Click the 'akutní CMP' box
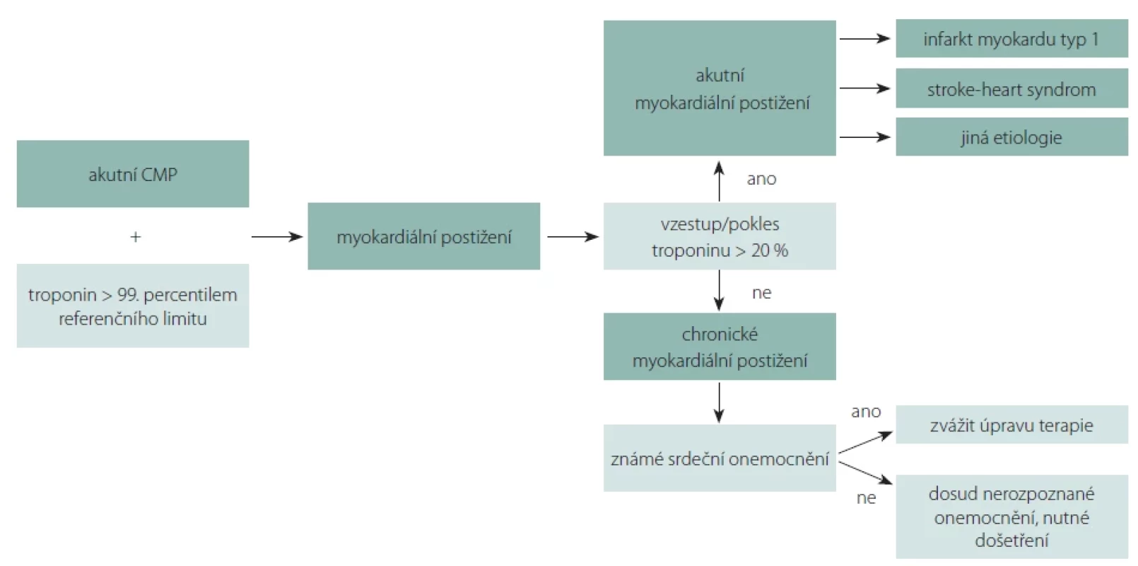click(133, 174)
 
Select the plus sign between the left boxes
click(136, 237)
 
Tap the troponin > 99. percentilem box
click(133, 306)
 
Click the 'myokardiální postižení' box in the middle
click(423, 236)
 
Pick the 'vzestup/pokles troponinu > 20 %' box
click(720, 236)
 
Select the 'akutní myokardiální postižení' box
click(720, 88)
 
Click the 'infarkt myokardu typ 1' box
click(1011, 39)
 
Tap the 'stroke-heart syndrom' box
click(1011, 88)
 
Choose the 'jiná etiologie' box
click(1011, 137)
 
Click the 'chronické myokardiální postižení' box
click(720, 347)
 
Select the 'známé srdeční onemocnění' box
click(720, 458)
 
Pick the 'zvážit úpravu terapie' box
click(1011, 424)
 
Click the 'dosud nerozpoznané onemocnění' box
click(1011, 516)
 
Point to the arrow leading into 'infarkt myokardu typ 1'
click(864, 39)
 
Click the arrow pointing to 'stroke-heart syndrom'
click(864, 88)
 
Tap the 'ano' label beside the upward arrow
click(761, 179)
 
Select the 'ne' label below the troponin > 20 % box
click(761, 293)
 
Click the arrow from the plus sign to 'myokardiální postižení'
click(277, 236)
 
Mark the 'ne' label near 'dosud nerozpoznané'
click(866, 498)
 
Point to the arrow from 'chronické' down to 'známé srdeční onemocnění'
click(719, 403)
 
